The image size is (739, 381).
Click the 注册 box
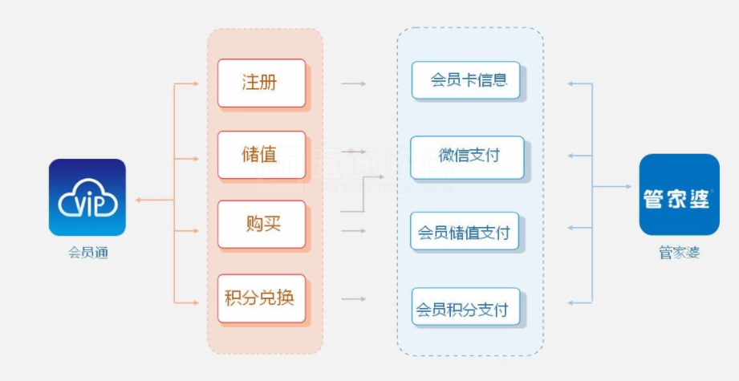261,83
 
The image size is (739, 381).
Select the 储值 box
261,155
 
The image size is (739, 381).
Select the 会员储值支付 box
465,232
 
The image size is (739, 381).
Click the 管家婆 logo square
679,194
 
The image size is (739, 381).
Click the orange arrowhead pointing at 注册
196,83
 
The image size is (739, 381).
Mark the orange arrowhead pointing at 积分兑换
196,302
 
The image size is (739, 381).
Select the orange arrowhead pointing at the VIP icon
139,200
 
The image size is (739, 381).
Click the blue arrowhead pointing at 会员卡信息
570,83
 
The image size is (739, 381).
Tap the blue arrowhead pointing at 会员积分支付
570,302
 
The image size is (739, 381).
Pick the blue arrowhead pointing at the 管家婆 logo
627,187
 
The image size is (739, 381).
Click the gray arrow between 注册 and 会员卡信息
354,83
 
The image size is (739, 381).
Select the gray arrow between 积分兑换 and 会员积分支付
354,299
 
